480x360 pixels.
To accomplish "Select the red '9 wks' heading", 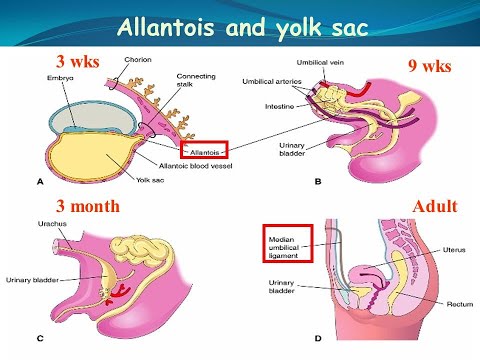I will tap(430, 67).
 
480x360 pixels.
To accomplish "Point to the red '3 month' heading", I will tap(88, 206).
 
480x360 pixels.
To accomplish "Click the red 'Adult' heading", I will tap(434, 207).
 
